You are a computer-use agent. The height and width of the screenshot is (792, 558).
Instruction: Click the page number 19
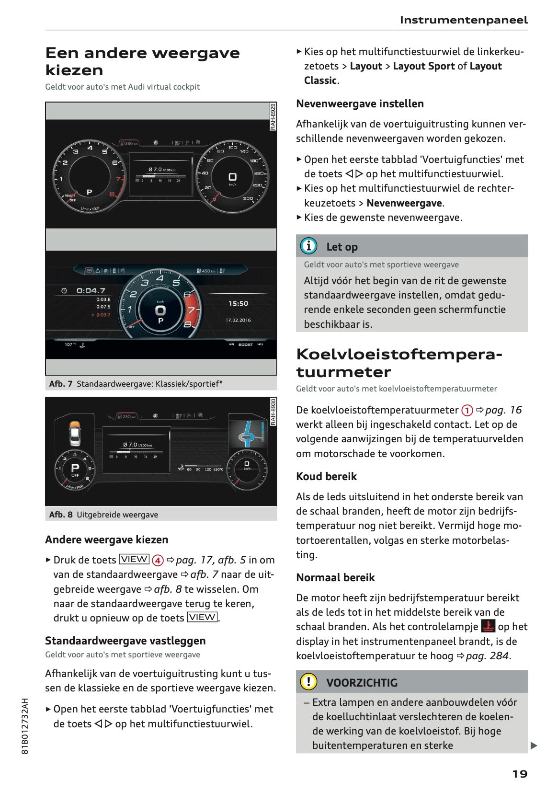[x=520, y=774]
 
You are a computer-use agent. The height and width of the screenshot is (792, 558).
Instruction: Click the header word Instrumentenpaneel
[x=463, y=20]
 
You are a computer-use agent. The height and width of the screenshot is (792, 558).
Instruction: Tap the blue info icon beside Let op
[x=308, y=246]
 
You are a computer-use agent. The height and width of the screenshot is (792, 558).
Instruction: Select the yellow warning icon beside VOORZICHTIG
[x=308, y=681]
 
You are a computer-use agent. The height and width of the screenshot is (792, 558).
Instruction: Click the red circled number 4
[x=158, y=560]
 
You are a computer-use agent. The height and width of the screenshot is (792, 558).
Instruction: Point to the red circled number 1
[x=467, y=411]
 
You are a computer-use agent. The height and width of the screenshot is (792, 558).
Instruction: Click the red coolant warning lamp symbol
[x=488, y=626]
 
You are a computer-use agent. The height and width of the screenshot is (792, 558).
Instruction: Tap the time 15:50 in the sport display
[x=238, y=304]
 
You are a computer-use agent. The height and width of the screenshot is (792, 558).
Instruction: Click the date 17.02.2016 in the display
[x=238, y=320]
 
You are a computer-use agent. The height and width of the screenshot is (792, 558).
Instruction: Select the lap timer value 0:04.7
[x=91, y=291]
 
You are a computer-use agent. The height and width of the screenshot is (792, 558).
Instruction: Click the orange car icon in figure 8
[x=75, y=433]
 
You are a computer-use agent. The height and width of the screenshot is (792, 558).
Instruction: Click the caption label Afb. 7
[x=60, y=384]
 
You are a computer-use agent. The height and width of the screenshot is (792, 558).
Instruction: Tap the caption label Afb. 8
[x=60, y=515]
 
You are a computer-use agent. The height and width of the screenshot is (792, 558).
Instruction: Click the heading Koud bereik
[x=326, y=476]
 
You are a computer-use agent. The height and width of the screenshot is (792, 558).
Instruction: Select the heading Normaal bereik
[x=335, y=577]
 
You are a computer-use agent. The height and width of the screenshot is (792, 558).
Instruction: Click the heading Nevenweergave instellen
[x=360, y=103]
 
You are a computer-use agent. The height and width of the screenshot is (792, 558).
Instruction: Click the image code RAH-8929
[x=273, y=116]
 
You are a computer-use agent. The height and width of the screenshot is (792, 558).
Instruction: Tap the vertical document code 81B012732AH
[x=25, y=726]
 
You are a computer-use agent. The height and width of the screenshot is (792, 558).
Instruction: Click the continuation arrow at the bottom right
[x=534, y=746]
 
